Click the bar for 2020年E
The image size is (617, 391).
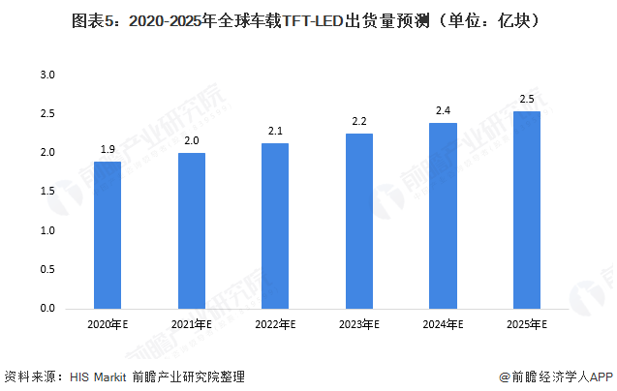[x=108, y=235]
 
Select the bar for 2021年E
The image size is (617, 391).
[x=192, y=231]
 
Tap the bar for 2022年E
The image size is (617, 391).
[x=275, y=226]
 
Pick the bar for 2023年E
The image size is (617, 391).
[x=359, y=222]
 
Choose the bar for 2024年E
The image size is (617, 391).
[x=443, y=216]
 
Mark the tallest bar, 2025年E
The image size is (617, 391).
[x=527, y=210]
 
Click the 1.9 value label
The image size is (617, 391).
[x=108, y=149]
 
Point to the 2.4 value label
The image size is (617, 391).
[x=443, y=110]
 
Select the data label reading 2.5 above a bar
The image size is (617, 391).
[x=527, y=99]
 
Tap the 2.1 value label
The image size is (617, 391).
[x=275, y=131]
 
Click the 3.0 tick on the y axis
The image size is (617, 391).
[x=47, y=75]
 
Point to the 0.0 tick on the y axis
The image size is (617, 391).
[x=47, y=309]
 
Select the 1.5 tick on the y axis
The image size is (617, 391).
[x=47, y=192]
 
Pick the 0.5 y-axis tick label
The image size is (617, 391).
[x=47, y=270]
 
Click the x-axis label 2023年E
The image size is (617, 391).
[x=359, y=324]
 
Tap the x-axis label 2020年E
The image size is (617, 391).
[x=108, y=324]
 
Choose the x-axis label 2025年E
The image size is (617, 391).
[x=527, y=324]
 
